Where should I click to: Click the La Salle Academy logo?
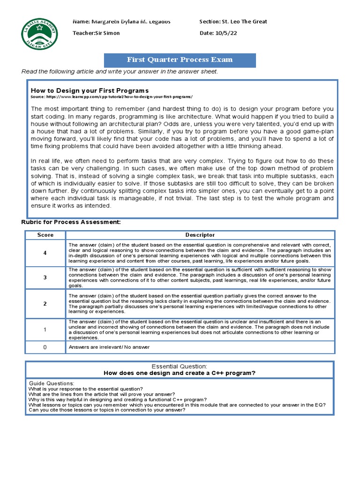(41, 33)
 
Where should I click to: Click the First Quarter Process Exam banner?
(180, 60)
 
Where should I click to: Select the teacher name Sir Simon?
(107, 33)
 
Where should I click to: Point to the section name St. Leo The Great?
(245, 22)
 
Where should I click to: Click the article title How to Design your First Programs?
(90, 90)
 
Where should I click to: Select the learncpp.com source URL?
(119, 97)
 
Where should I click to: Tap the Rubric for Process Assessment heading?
(71, 222)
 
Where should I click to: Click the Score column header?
(45, 235)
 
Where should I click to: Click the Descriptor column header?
(200, 235)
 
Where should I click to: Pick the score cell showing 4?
(45, 253)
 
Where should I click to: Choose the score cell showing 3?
(45, 277)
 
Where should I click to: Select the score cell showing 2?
(45, 304)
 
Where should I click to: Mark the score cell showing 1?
(45, 330)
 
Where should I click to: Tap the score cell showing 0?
(45, 347)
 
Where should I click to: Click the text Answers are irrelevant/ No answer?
(109, 347)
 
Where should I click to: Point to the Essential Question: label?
(180, 366)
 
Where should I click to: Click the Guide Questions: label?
(52, 383)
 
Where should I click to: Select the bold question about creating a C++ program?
(180, 373)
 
